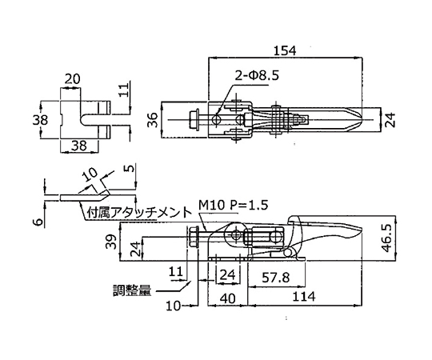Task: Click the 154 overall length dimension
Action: pyautogui.click(x=285, y=51)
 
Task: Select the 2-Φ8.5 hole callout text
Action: pyautogui.click(x=257, y=75)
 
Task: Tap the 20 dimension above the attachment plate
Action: pyautogui.click(x=72, y=79)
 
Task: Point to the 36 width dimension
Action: pyautogui.click(x=154, y=120)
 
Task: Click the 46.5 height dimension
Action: pyautogui.click(x=386, y=238)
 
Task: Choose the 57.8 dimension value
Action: pyautogui.click(x=275, y=278)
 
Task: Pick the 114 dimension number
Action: pyautogui.click(x=304, y=297)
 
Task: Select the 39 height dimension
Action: pyautogui.click(x=110, y=242)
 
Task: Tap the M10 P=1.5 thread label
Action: pyautogui.click(x=233, y=206)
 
